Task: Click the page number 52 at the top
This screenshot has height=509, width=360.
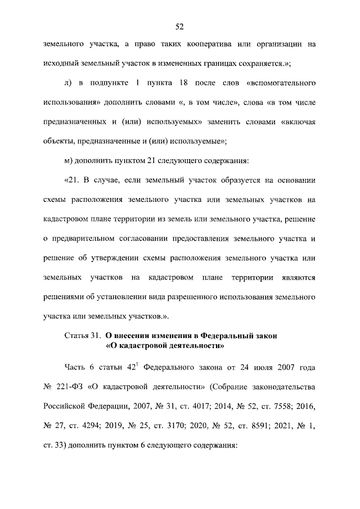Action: click(180, 26)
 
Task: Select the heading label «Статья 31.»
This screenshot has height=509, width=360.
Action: click(83, 336)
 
